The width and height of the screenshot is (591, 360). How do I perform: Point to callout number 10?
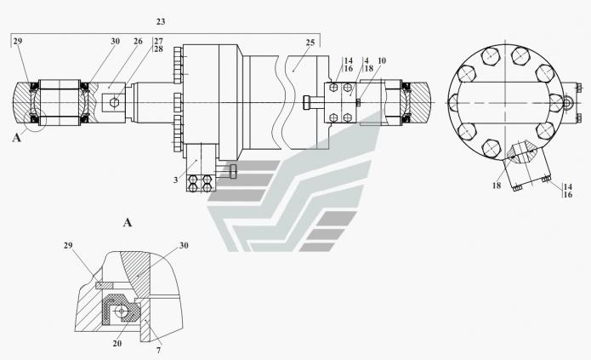point(383,61)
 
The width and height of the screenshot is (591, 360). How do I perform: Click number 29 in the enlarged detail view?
point(67,245)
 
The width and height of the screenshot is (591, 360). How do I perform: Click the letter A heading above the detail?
point(128,223)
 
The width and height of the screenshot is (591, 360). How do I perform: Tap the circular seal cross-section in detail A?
point(124,312)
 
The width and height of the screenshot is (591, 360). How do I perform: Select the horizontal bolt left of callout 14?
point(314,102)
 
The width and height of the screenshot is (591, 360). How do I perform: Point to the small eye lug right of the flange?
point(565,103)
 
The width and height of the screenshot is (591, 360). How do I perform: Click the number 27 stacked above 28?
point(159,40)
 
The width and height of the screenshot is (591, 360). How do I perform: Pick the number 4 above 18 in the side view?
point(363,61)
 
